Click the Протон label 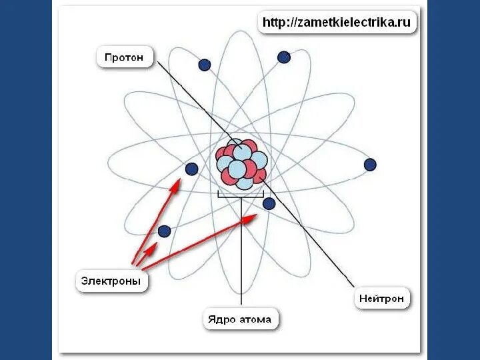pyautogui.click(x=124, y=57)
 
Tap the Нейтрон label pyautogui.click(x=381, y=299)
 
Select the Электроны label pyautogui.click(x=111, y=281)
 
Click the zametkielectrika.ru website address pyautogui.click(x=338, y=23)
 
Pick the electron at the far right pyautogui.click(x=370, y=165)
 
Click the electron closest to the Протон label pyautogui.click(x=205, y=65)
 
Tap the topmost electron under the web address pyautogui.click(x=284, y=57)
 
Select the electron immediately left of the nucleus pyautogui.click(x=191, y=169)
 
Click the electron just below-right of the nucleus pyautogui.click(x=269, y=203)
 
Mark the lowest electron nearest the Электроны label pyautogui.click(x=164, y=231)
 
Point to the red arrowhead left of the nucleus pyautogui.click(x=177, y=182)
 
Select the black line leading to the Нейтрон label pyautogui.click(x=313, y=240)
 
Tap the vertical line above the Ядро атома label pyautogui.click(x=241, y=267)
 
